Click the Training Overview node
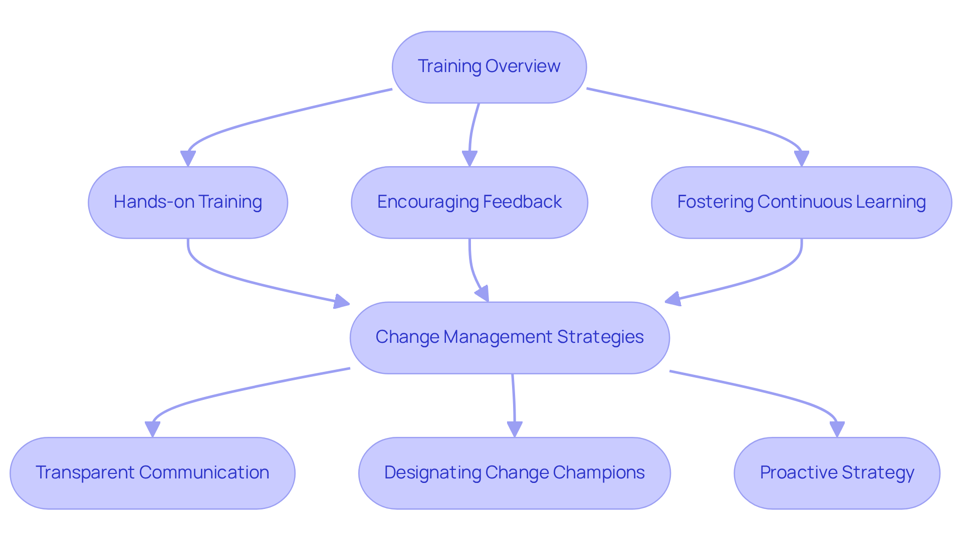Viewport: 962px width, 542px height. point(489,67)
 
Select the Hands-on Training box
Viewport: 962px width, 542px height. point(188,202)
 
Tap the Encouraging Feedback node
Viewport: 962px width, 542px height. point(469,202)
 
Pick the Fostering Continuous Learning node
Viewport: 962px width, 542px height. point(801,202)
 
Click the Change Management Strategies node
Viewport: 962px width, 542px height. point(510,338)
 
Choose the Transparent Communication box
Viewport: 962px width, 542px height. point(152,473)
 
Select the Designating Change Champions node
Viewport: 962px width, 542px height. point(515,473)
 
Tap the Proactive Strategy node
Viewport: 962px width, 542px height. point(837,473)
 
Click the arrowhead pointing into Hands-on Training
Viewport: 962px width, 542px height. point(188,159)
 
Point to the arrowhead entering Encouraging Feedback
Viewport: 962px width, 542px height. point(469,159)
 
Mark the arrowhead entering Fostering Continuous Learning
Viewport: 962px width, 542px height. point(802,159)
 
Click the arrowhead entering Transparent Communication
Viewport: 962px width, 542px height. point(152,429)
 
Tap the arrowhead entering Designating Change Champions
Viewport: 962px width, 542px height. point(515,429)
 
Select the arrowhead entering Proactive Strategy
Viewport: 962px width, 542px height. point(837,429)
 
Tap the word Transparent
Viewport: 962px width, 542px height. point(85,472)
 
